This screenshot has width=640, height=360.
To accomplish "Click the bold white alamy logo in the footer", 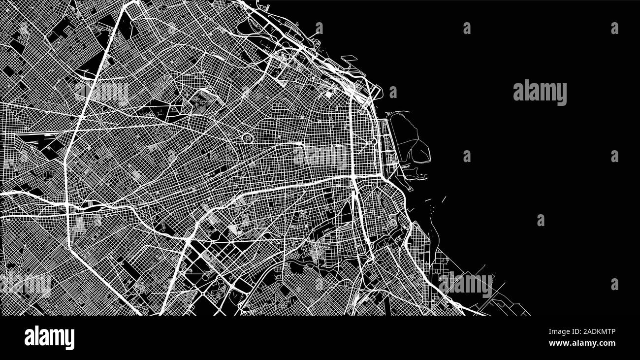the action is [x=49, y=338].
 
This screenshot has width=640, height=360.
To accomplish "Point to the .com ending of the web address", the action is [x=606, y=343].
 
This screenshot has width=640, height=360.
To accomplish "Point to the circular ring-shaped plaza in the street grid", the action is [x=246, y=138].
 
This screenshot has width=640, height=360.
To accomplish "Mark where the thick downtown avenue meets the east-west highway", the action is [x=353, y=176].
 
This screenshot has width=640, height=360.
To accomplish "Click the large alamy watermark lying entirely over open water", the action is [x=540, y=93].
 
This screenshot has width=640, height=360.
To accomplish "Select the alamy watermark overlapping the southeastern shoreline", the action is [x=465, y=285].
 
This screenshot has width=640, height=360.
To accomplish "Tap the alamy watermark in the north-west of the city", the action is [x=101, y=93].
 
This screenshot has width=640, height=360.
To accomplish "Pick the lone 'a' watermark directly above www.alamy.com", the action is [x=614, y=284].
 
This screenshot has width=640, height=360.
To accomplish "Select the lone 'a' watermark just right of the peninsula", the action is [x=466, y=156].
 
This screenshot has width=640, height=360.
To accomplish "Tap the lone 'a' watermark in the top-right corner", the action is [x=614, y=28].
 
